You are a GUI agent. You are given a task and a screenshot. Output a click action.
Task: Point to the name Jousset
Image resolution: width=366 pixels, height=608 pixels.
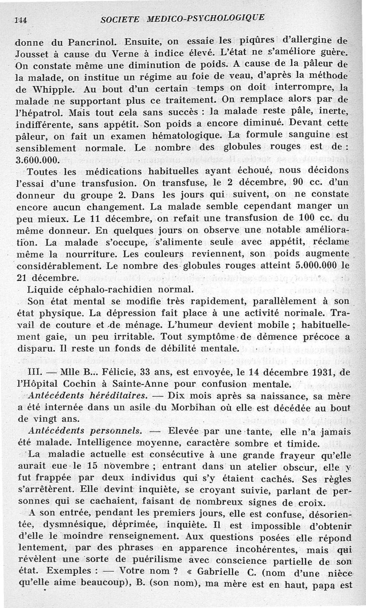[x=30, y=51]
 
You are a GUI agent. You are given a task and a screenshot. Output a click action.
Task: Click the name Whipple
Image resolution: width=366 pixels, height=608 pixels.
[x=47, y=85]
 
